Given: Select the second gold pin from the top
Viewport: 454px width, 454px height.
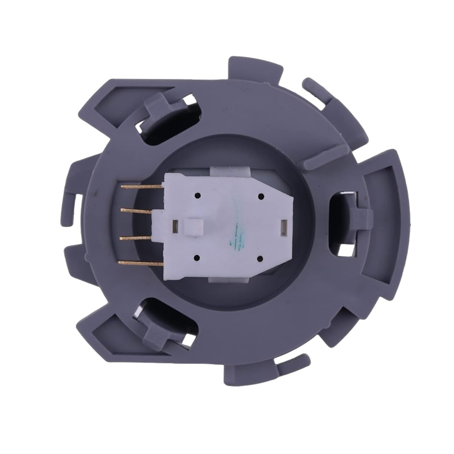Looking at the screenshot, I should coord(137,211).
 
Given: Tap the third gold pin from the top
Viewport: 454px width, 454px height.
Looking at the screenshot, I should coord(135,238).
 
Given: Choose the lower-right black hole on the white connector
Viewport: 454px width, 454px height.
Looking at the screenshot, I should coord(260,259).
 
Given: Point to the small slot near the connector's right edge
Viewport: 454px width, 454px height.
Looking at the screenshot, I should coord(284,225).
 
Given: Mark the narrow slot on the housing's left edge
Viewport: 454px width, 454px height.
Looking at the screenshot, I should coord(77,207).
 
